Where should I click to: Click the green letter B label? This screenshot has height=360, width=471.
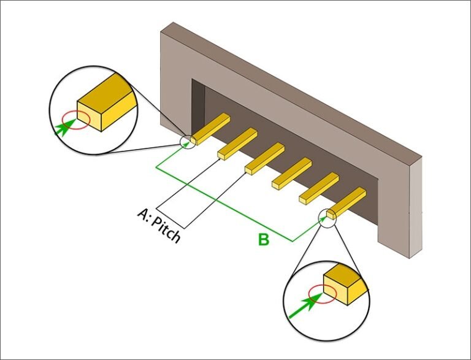[263, 240]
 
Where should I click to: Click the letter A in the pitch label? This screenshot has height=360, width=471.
[142, 214]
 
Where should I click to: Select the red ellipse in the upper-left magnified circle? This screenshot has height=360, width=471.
[79, 120]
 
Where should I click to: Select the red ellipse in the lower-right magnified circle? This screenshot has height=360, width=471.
[321, 294]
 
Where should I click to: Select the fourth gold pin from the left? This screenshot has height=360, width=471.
[293, 171]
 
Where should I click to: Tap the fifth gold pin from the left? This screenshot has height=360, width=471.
[320, 187]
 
